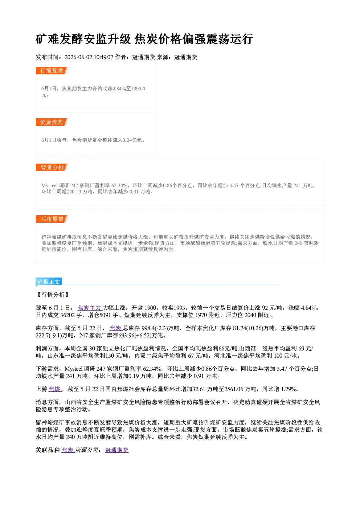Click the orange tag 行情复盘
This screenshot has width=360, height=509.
52,70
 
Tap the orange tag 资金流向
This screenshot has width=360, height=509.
52,122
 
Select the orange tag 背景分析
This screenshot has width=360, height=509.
52,168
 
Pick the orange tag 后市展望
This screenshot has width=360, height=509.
52,219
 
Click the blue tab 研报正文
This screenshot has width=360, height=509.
49,282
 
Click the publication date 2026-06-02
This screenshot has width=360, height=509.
78,57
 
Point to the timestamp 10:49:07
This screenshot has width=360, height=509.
103,57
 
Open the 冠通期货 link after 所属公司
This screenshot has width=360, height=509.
117,450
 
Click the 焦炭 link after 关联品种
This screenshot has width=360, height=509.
68,450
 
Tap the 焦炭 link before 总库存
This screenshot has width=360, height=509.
116,328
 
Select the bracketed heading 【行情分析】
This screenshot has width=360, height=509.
53,295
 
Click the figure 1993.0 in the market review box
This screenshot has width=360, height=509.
138,89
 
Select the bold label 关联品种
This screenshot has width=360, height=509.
48,450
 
